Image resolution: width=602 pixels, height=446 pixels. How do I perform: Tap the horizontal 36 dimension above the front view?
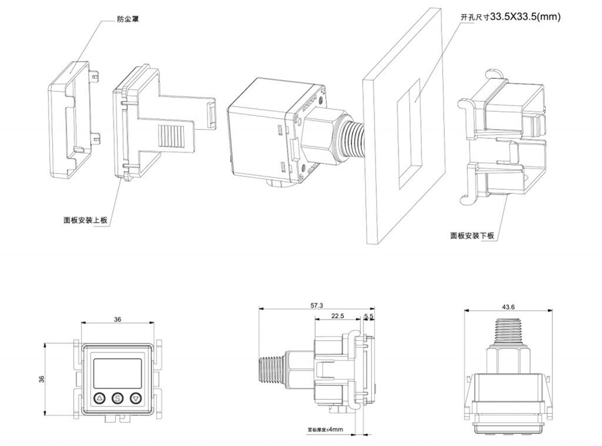118,320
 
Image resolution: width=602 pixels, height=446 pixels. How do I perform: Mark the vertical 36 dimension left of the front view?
42,379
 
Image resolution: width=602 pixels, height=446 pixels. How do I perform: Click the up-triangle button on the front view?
100,398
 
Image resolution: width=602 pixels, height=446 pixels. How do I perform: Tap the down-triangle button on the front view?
136,398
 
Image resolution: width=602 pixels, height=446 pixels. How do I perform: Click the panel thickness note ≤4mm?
324,429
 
